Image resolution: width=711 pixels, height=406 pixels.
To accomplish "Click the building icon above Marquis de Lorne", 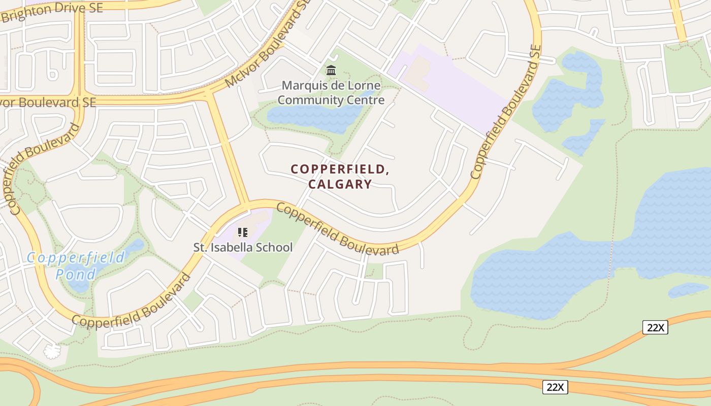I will pyautogui.click(x=331, y=70).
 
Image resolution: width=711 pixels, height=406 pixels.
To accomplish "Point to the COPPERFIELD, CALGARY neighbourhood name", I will pyautogui.click(x=340, y=177).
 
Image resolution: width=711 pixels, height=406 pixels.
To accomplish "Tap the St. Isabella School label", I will pyautogui.click(x=243, y=247).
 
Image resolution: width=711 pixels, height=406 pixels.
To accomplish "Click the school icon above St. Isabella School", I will pyautogui.click(x=243, y=232).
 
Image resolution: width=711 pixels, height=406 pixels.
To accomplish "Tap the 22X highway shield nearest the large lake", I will pyautogui.click(x=655, y=327).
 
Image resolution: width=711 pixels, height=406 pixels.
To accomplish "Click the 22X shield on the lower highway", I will pyautogui.click(x=555, y=387).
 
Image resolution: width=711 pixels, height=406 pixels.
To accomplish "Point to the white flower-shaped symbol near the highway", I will pyautogui.click(x=52, y=351).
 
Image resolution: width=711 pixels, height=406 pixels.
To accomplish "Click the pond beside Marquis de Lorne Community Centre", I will pyautogui.click(x=315, y=117).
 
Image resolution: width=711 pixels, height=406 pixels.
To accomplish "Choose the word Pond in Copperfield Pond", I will pyautogui.click(x=76, y=275).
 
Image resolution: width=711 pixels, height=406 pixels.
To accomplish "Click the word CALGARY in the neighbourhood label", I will pyautogui.click(x=340, y=184).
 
